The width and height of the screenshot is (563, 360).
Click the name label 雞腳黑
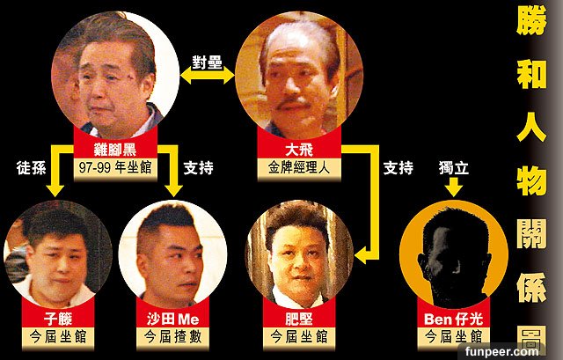(115, 150)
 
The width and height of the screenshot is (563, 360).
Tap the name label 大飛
(299, 150)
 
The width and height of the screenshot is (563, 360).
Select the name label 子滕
(58, 319)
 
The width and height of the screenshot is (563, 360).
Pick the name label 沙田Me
(172, 319)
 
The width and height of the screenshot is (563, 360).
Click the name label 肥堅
(299, 319)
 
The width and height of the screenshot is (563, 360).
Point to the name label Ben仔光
(454, 319)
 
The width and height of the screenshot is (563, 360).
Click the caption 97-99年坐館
(115, 168)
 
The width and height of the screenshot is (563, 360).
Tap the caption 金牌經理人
(299, 168)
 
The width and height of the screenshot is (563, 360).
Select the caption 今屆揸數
(172, 336)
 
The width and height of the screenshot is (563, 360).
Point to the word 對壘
(208, 62)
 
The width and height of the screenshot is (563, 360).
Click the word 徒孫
(32, 168)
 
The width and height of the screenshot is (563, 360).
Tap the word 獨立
(454, 168)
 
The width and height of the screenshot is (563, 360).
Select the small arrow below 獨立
(454, 187)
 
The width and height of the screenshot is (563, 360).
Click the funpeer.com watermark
(501, 351)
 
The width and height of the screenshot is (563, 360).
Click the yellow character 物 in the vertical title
(531, 181)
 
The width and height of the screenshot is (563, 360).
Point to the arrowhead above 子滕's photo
(55, 190)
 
